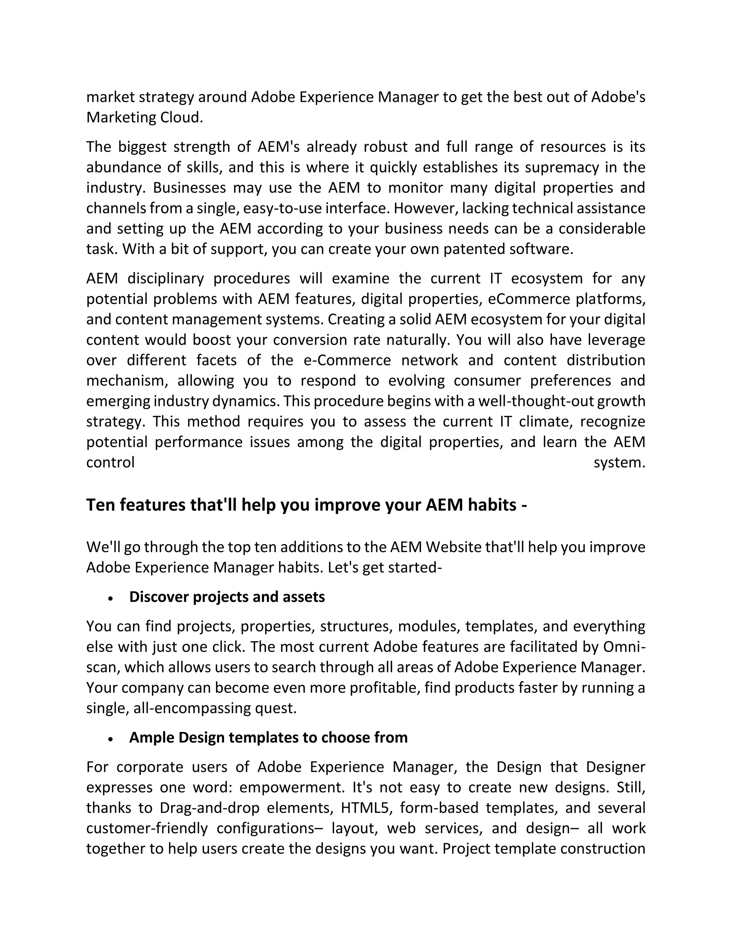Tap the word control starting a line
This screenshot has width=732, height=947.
pyautogui.click(x=110, y=463)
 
